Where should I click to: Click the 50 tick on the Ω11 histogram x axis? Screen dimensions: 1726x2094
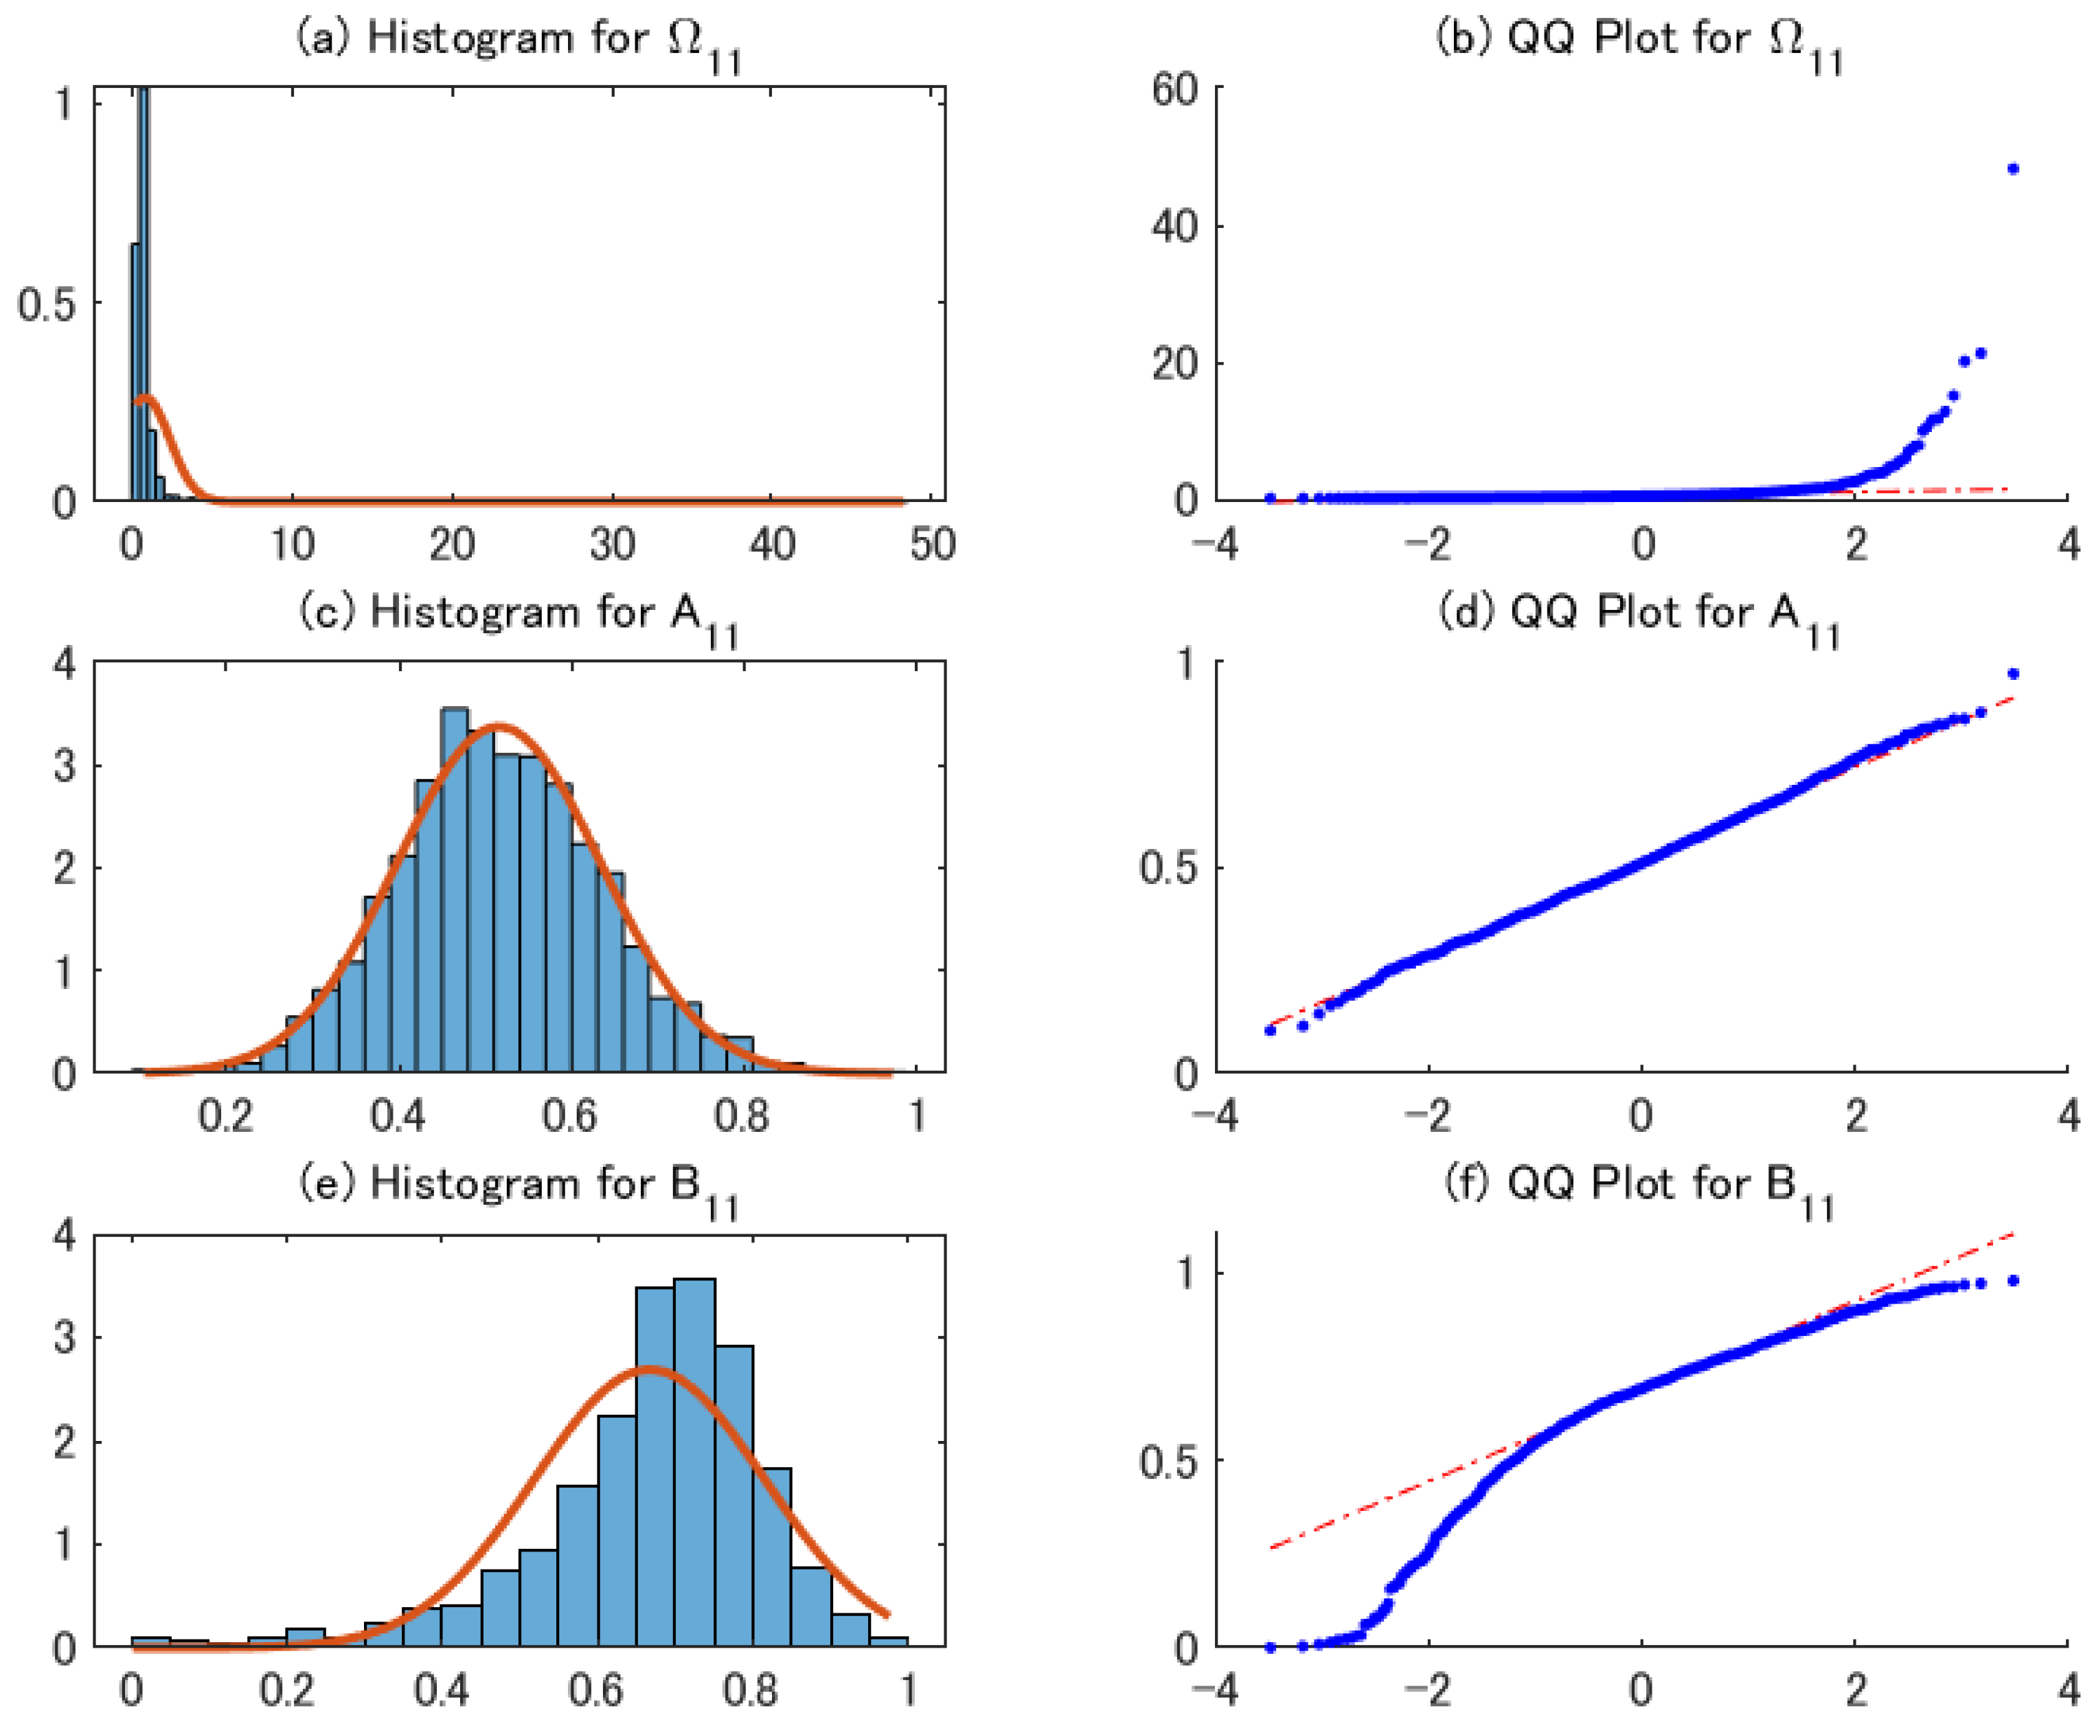[932, 544]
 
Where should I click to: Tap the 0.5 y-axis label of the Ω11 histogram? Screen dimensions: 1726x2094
[47, 304]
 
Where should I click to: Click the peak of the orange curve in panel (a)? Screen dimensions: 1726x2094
[147, 398]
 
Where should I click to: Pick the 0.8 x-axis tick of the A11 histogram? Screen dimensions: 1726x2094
[742, 1115]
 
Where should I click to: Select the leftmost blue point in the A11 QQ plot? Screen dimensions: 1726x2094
[1270, 1030]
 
